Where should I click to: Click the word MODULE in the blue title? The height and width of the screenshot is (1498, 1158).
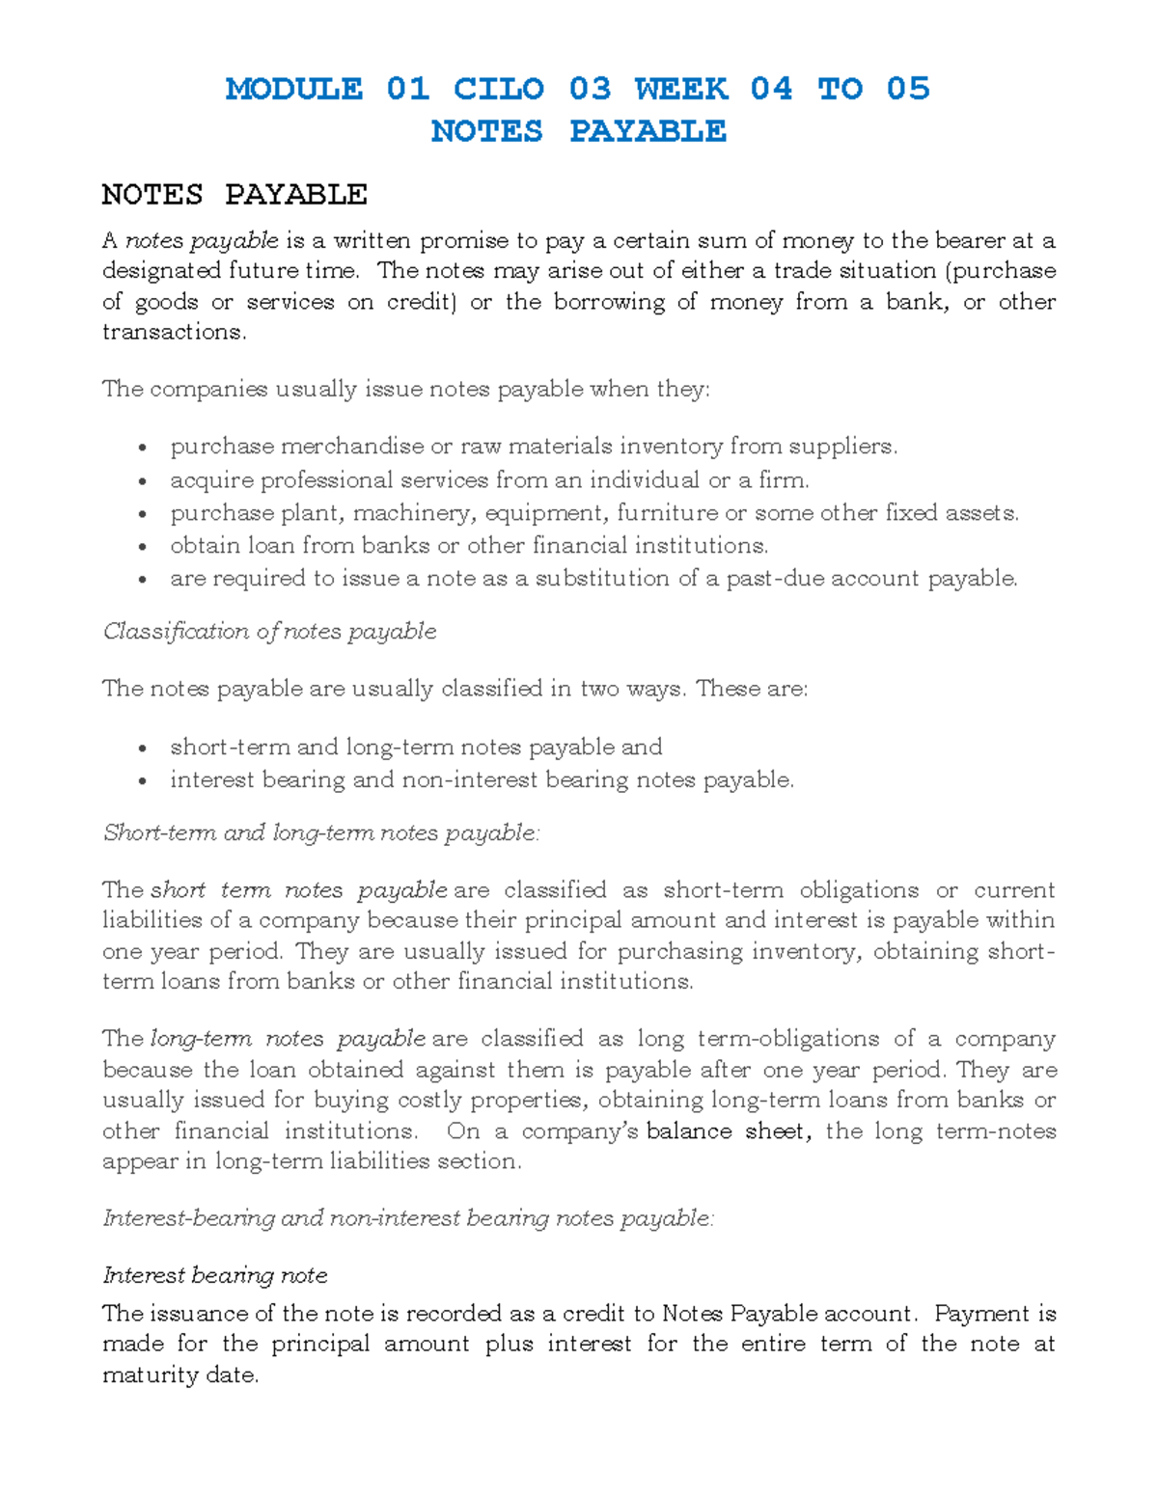click(294, 89)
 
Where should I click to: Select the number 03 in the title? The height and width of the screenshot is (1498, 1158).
click(590, 89)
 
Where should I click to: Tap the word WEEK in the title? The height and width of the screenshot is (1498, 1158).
click(681, 89)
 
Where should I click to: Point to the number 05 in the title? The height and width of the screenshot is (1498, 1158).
click(908, 89)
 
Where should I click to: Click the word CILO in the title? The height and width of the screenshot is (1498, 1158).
click(499, 89)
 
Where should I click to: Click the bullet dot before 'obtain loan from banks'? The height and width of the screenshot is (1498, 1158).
click(143, 547)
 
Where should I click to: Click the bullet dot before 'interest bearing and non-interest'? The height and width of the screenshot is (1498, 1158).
click(143, 781)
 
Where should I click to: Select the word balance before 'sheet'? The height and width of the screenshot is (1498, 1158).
click(689, 1131)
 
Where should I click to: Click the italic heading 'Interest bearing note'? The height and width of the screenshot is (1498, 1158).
click(215, 1275)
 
